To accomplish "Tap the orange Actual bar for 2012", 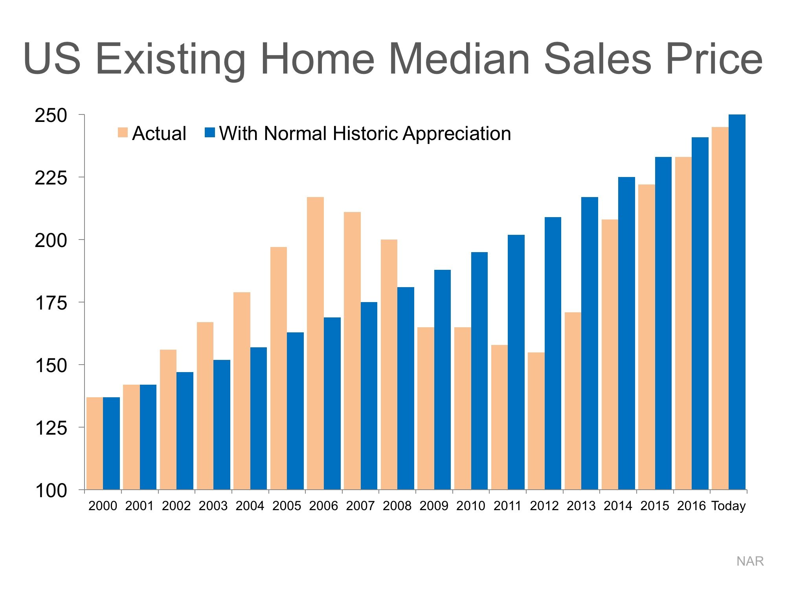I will (x=536, y=421).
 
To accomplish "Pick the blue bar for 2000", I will (x=111, y=443).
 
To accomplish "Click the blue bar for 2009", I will (x=443, y=380).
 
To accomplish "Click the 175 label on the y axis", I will (x=51, y=303).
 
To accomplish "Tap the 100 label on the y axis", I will (x=51, y=490).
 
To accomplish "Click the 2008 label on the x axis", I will (x=397, y=506).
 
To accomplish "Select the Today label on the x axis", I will (x=728, y=506).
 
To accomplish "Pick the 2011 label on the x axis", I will (x=507, y=506).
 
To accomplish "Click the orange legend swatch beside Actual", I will (x=123, y=133).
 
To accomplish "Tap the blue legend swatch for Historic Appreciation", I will (x=210, y=133).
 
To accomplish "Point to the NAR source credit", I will (x=750, y=561).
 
